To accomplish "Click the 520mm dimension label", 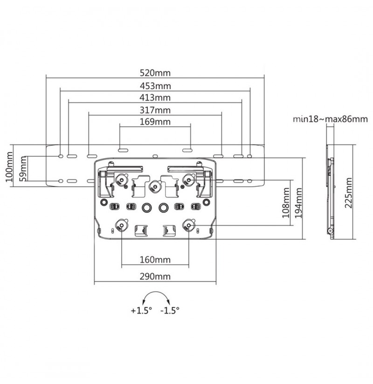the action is point(155,73).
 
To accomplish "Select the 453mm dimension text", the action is point(155,86).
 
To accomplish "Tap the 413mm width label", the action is point(155,98).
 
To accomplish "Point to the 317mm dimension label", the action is point(155,110).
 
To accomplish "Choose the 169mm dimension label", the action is point(155,122).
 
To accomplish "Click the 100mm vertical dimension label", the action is point(9,167).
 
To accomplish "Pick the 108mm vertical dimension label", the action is point(285,203).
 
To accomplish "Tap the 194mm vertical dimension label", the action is point(298,203).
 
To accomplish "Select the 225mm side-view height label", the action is point(348,193).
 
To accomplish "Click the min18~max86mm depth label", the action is point(330,119).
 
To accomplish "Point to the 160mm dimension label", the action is point(155,259).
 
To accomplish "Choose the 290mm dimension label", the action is point(155,277).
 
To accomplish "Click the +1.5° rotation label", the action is point(141,311).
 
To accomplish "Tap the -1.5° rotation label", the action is point(170,311).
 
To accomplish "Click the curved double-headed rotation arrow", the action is point(156,292).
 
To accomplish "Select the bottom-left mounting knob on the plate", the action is point(122,225).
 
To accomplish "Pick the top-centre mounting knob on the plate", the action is point(155,187).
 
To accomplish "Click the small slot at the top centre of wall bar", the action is point(155,156).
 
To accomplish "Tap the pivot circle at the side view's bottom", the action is point(331,230).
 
